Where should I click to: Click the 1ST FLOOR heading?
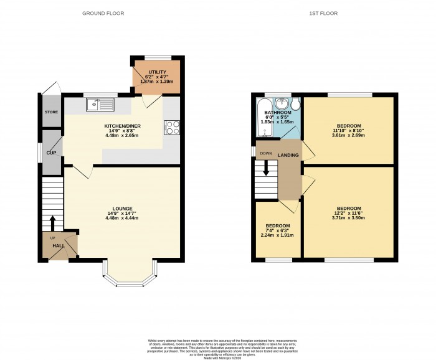click(323, 12)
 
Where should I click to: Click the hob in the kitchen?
click(171, 127)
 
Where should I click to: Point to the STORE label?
click(50, 112)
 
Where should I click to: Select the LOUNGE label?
click(123, 208)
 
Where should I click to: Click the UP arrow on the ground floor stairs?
click(52, 222)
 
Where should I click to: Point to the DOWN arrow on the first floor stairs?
click(267, 167)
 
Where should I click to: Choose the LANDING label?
click(288, 155)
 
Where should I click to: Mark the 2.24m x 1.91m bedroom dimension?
click(278, 236)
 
